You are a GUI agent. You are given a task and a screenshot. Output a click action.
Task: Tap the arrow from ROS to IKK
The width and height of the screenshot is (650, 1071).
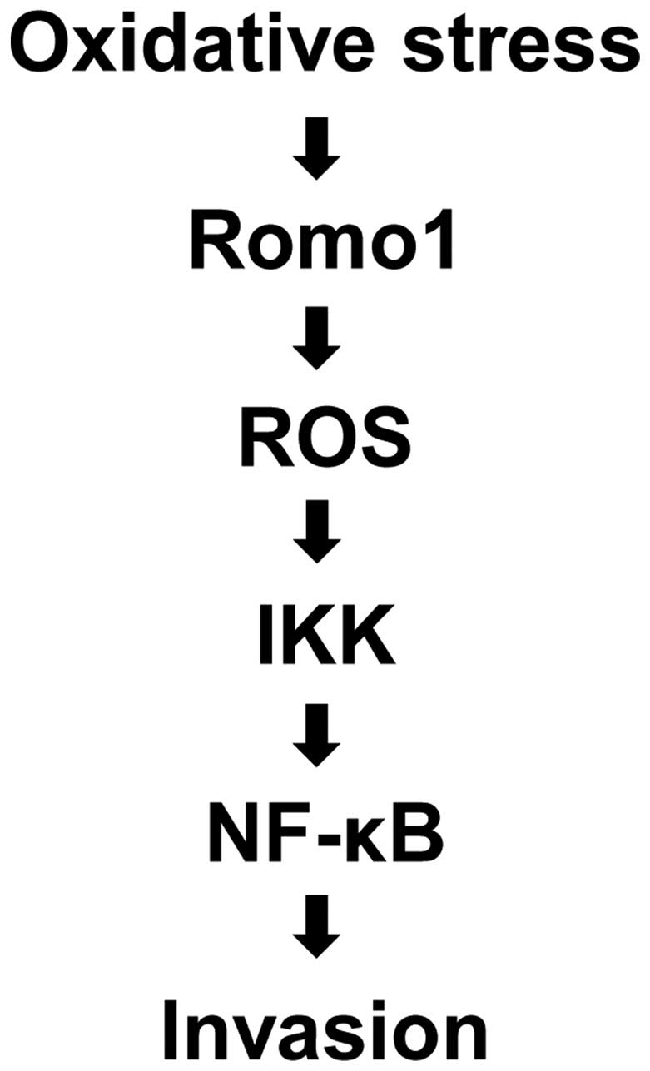coord(320,540)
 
